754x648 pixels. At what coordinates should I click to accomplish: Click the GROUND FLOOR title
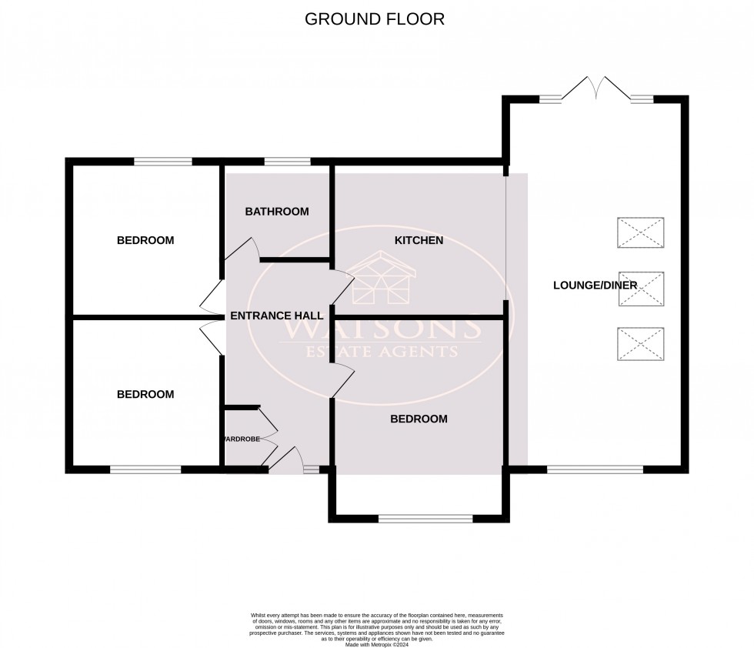pos(375,19)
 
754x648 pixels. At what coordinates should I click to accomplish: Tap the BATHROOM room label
pos(277,212)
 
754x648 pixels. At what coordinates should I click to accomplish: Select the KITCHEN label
pos(419,240)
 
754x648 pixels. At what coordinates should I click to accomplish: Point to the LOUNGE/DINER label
pos(595,286)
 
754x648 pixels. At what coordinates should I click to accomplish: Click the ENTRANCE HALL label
pos(277,316)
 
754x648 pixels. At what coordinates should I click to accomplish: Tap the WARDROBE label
pos(241,439)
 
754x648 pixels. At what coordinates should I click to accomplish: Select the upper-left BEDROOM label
pos(145,240)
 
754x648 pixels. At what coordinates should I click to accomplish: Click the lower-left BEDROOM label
pos(145,394)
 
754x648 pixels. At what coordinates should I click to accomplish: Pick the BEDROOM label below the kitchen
pos(419,419)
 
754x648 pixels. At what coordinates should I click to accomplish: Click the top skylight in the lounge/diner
pos(641,232)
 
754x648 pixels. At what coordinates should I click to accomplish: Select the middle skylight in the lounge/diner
pos(641,288)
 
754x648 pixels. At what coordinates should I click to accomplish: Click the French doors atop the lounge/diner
pos(596,90)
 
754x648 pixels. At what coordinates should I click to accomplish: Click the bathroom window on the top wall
pos(288,162)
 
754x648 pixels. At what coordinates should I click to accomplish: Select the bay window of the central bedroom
pos(425,519)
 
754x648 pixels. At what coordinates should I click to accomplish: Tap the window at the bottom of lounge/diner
pos(594,469)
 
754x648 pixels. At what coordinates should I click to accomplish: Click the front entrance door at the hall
pos(286,459)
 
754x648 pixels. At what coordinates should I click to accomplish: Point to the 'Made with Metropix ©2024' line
pos(376,644)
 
